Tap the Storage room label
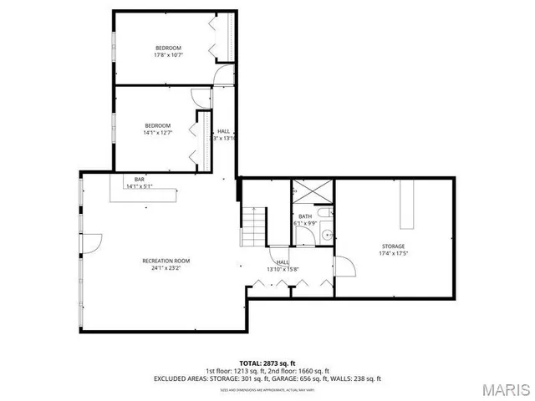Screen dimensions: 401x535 [x=394, y=246]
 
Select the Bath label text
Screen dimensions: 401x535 [x=305, y=216]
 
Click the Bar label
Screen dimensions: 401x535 [x=140, y=179]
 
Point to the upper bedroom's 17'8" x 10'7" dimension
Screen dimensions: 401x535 [x=167, y=56]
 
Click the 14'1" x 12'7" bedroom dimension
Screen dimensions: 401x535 [x=156, y=132]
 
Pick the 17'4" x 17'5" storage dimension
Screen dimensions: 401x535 [x=394, y=253]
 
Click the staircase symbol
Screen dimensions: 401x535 [x=253, y=226]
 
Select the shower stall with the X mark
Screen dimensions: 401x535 [x=312, y=193]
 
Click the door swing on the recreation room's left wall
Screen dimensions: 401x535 [x=92, y=243]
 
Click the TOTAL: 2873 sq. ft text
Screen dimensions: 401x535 [x=267, y=363]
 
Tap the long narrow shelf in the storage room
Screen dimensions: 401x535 [x=407, y=204]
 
